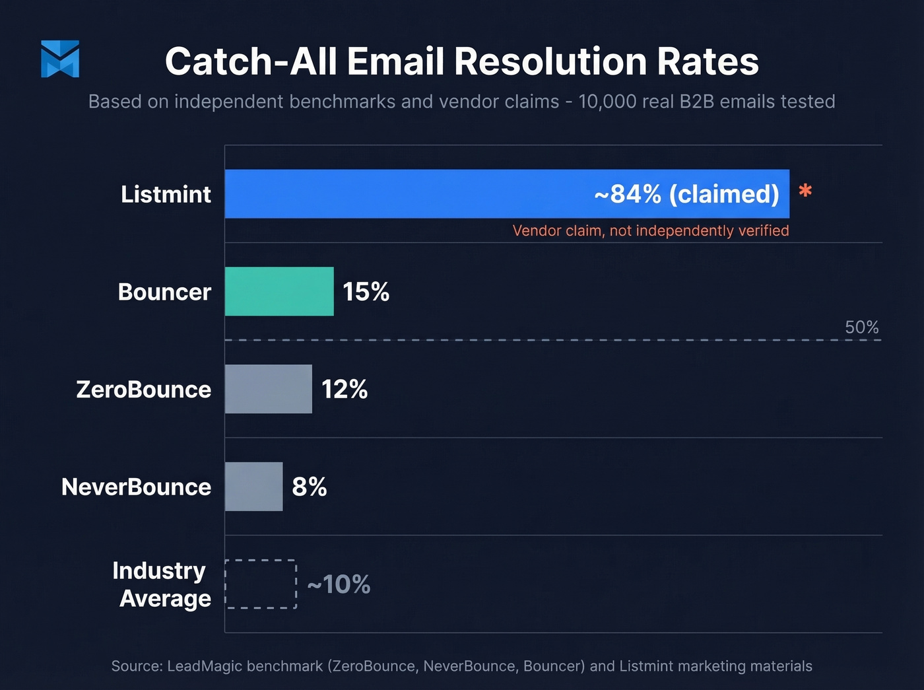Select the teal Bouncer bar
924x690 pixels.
(279, 291)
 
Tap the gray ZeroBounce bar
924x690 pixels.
(268, 389)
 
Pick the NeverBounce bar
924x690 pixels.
(253, 487)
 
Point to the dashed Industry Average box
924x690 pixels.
(261, 584)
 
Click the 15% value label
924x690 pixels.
(366, 292)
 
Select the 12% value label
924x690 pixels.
(345, 390)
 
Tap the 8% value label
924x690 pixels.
(310, 487)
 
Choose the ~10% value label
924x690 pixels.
(339, 584)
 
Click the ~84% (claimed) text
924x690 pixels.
(686, 194)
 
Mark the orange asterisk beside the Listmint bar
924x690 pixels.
(805, 191)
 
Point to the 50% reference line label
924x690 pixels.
(861, 328)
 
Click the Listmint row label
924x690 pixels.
(166, 194)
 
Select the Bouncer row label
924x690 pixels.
(164, 292)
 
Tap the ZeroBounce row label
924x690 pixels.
(143, 390)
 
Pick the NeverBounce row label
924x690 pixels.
(136, 487)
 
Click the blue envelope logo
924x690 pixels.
(60, 59)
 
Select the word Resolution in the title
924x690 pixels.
(550, 61)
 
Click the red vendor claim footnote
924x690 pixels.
(651, 230)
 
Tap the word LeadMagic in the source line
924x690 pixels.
(244, 666)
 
